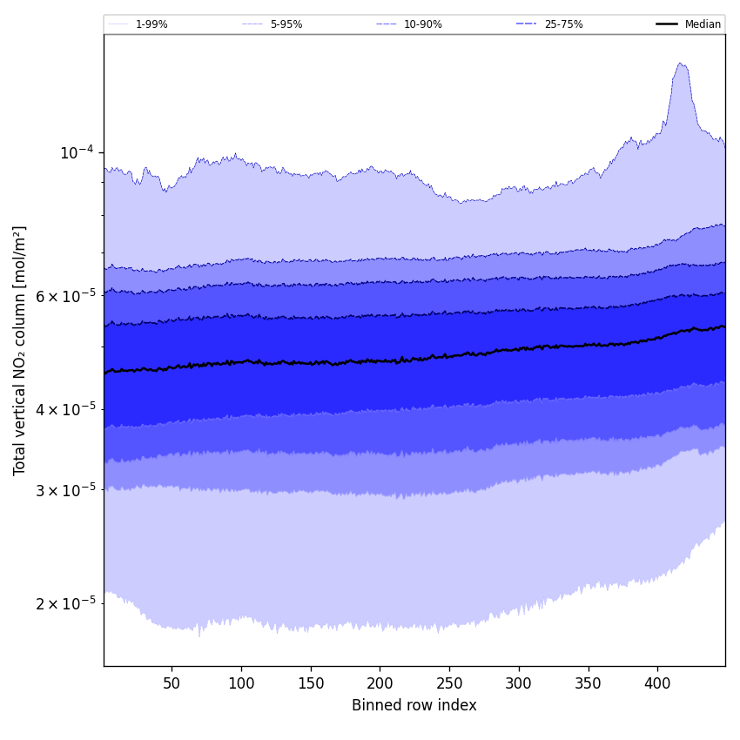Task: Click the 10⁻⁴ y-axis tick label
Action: [77, 153]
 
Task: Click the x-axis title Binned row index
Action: [414, 705]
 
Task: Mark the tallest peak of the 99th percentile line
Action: [680, 63]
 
